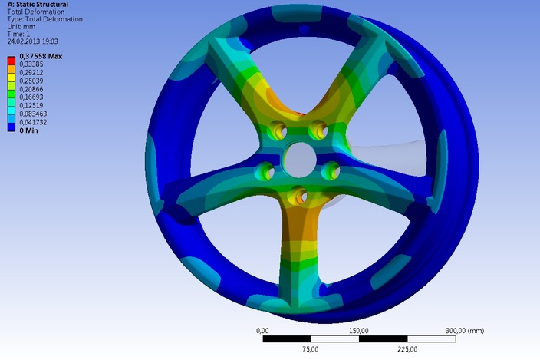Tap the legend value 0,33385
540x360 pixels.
(x=31, y=67)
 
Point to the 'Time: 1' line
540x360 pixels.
(x=18, y=35)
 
